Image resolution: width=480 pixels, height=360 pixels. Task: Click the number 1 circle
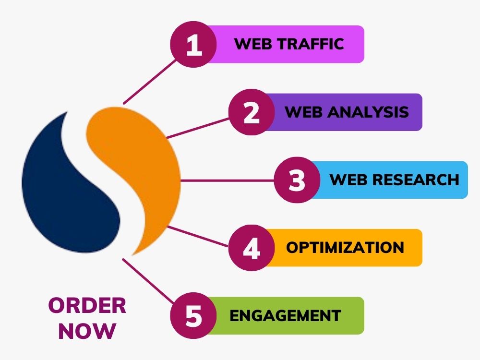coord(193,44)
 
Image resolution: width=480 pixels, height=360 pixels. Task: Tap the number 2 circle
coord(252,112)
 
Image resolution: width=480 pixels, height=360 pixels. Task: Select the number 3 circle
coord(297,180)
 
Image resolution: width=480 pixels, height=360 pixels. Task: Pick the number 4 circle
coord(252,248)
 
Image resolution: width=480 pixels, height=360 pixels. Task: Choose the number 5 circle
coord(193,316)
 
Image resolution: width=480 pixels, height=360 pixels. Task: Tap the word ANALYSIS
coord(368,112)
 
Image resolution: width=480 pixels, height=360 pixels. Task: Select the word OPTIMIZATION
coord(345,247)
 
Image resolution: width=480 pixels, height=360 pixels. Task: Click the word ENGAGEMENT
coord(285,316)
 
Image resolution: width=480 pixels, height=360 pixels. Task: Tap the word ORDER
coord(87,305)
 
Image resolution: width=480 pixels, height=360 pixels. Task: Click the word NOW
coord(87,331)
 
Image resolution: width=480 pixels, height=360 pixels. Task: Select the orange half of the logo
coord(144,171)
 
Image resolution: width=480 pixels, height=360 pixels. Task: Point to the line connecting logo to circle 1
coord(150,82)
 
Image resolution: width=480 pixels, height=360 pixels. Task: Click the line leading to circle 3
coord(227,180)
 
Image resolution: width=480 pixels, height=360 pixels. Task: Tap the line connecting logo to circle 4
coord(197,236)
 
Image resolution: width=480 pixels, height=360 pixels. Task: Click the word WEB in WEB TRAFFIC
coord(253,44)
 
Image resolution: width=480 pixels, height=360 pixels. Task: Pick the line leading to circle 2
coord(198,128)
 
